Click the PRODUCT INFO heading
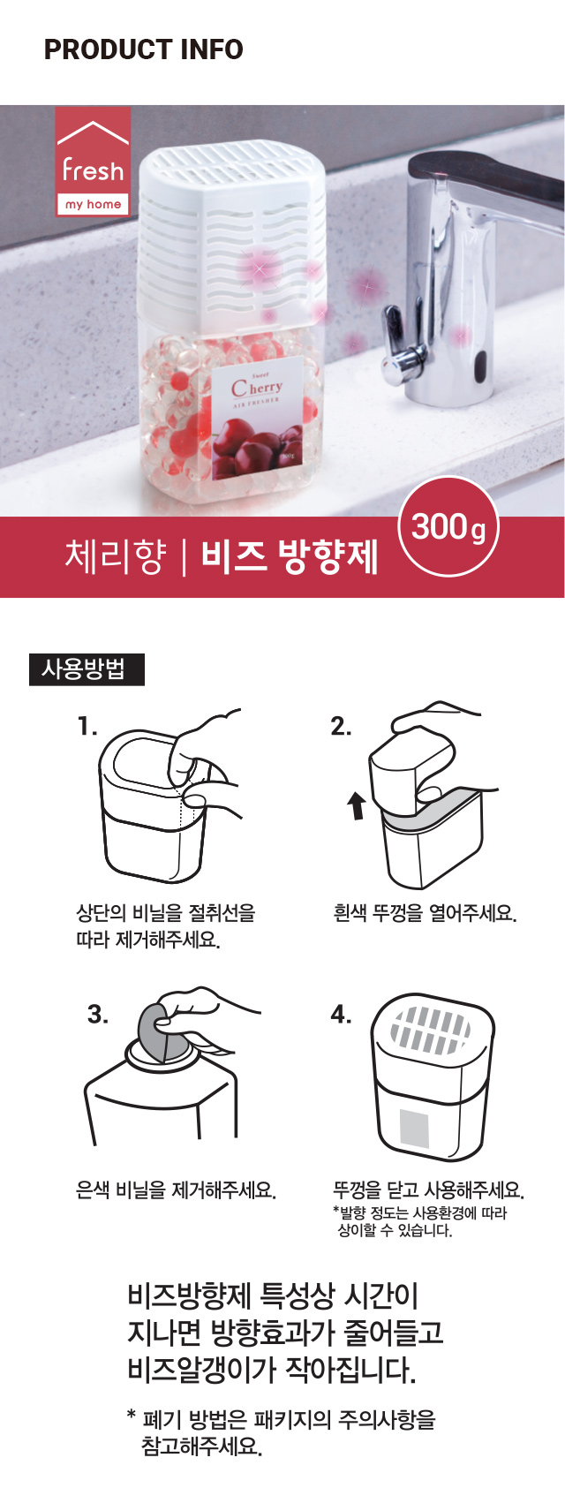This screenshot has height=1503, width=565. click(x=144, y=49)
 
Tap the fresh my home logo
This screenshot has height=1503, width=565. click(x=93, y=161)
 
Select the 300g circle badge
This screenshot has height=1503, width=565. click(x=448, y=526)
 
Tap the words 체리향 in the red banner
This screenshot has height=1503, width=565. click(x=115, y=557)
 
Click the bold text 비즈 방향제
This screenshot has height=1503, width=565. click(x=290, y=557)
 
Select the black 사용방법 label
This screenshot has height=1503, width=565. click(x=87, y=669)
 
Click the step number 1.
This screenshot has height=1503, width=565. click(x=87, y=726)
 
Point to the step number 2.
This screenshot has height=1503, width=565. click(x=341, y=726)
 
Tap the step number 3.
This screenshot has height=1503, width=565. click(x=98, y=1015)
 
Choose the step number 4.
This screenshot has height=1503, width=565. click(x=341, y=1015)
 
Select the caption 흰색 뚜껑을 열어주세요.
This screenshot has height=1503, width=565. click(x=425, y=913)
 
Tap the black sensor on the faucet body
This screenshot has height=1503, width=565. click(x=480, y=364)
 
